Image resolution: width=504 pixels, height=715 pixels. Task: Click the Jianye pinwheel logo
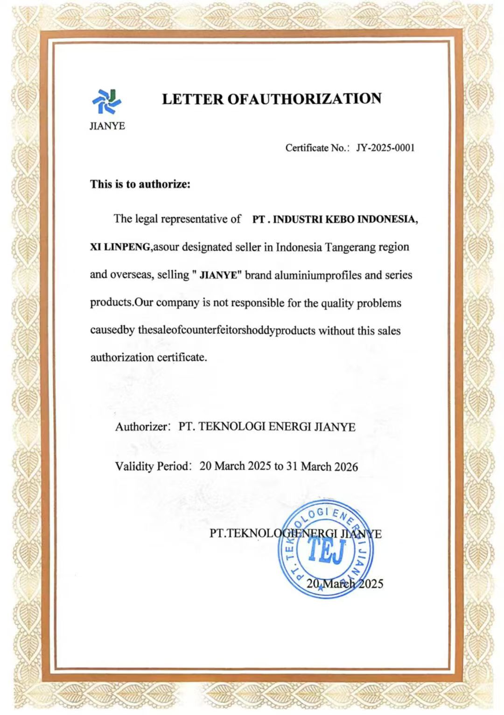pos(107,101)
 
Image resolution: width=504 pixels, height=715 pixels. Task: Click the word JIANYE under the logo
pos(107,126)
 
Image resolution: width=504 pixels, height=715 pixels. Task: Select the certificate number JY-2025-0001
pos(385,148)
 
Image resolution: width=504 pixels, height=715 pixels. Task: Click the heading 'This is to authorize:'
pos(140,184)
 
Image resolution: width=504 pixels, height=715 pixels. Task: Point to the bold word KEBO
pos(340,219)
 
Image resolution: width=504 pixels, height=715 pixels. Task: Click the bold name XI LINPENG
pos(120,247)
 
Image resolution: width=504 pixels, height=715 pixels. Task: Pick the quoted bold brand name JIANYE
pos(218,275)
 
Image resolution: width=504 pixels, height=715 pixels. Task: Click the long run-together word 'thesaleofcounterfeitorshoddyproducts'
pos(227,330)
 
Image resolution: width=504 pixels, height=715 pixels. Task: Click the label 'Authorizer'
pos(141,427)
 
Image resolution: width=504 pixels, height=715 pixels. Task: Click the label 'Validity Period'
pos(152,466)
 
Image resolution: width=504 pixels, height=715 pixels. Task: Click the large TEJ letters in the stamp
pos(326,550)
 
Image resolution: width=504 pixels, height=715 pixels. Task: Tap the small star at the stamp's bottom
pos(321,588)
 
